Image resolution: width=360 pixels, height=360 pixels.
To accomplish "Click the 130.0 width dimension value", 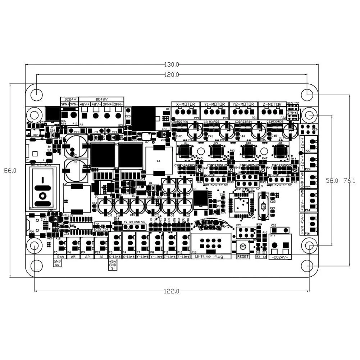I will pos(172,65).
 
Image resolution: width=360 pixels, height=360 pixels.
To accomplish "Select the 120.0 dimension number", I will pos(172,75).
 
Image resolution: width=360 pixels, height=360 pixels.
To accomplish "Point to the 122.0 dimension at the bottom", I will pos(172,291).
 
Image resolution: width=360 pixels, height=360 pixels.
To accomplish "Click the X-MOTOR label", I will pos(186,104).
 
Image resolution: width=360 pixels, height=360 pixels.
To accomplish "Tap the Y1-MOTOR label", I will pos(214,104).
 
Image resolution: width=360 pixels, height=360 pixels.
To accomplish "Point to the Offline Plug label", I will pos(209,257).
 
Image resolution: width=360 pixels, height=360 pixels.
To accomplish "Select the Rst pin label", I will pos(60,257).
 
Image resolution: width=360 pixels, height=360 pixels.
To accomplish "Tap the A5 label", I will pos(73,257).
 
